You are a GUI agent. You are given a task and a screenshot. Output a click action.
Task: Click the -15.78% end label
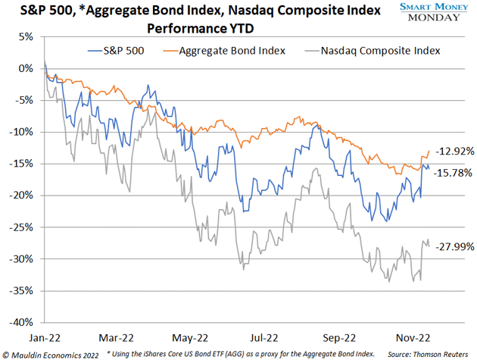pos(454,173)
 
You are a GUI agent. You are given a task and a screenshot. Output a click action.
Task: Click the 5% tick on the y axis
pos(26,36)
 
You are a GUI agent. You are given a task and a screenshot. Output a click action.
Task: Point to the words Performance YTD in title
pos(200,28)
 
